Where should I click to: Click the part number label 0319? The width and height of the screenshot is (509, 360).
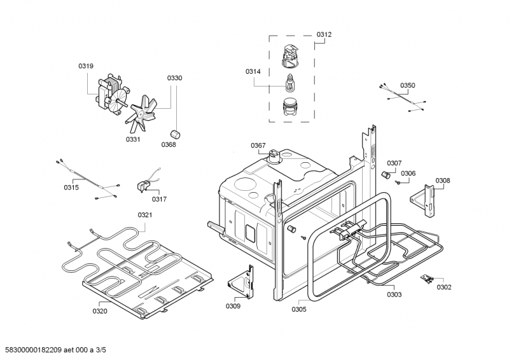tap(86, 66)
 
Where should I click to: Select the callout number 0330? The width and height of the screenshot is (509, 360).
tap(174, 78)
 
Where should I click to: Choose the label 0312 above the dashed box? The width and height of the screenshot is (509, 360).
tap(324, 34)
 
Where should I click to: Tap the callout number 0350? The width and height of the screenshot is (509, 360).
tap(407, 85)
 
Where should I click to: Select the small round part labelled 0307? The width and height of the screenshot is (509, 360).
tap(385, 174)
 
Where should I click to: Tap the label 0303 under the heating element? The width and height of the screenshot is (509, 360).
tap(394, 294)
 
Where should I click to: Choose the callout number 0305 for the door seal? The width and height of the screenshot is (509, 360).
tap(298, 309)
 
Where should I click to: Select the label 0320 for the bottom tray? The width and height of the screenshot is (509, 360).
tap(100, 311)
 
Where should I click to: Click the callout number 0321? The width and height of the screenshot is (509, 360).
tap(145, 215)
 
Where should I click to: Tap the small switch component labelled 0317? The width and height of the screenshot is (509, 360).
tap(144, 185)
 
